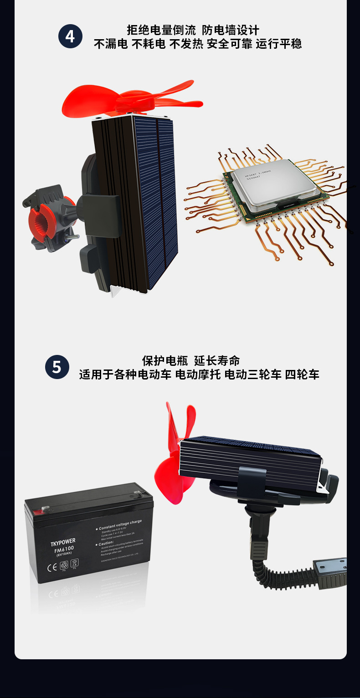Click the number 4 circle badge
point(70,36)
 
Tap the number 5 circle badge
point(57,367)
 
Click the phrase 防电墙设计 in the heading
point(230,31)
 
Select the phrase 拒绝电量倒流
point(161,31)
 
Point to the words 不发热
point(186,44)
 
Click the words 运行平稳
point(278,44)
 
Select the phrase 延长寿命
point(217,361)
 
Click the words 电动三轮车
point(253,375)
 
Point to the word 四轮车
point(302,375)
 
